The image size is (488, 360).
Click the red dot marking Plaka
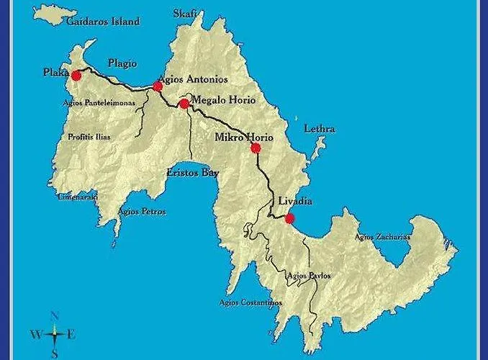(x=76, y=75)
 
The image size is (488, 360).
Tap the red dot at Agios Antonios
(x=158, y=86)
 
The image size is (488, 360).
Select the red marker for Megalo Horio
(x=184, y=104)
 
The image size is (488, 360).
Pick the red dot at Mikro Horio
(x=255, y=148)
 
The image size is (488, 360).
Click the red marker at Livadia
(x=289, y=219)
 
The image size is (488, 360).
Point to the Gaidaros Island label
(x=102, y=22)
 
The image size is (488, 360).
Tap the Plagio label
(x=122, y=63)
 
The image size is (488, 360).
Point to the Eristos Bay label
(x=192, y=173)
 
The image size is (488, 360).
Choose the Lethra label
(x=320, y=129)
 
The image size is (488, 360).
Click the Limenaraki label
(x=78, y=197)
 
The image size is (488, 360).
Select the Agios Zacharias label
(x=383, y=237)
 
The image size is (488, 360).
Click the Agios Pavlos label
(x=308, y=275)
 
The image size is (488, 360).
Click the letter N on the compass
(x=55, y=315)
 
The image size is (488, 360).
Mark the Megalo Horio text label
(x=224, y=100)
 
